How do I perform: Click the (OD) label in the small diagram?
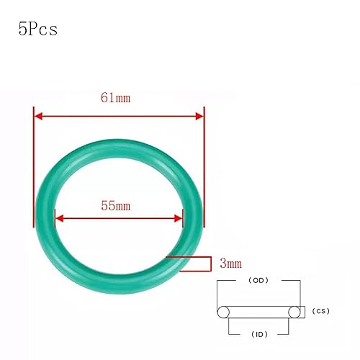point(258,279)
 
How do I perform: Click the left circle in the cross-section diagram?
point(223,312)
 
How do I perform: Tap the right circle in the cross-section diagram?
point(294,312)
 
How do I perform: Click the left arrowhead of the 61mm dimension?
point(40,115)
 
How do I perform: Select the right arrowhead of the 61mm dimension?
point(199,115)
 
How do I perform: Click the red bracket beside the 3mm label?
point(203,264)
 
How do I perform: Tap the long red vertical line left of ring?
point(34,166)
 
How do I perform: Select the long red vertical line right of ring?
point(204,166)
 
